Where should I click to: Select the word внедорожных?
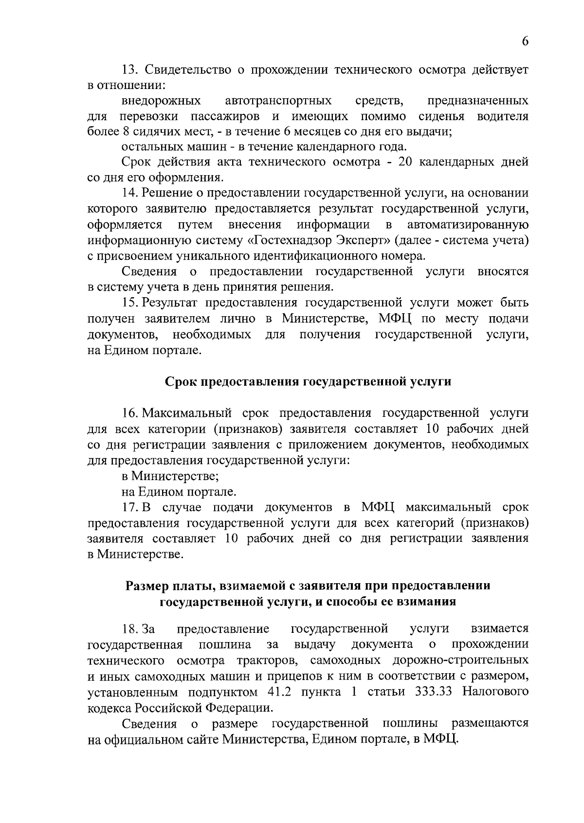point(161,101)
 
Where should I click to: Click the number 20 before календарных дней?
point(405,162)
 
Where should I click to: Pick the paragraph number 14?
point(129,193)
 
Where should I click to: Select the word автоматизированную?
point(468,225)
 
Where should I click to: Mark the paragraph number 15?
point(129,303)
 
